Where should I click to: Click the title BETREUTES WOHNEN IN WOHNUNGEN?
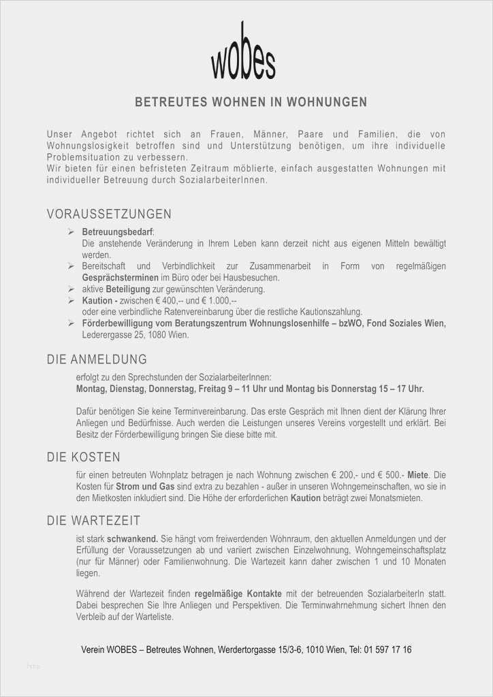251,103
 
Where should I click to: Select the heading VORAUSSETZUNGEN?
109,215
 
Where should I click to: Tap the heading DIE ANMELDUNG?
97,359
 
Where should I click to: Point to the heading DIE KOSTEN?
84,457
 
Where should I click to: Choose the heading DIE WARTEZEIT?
94,521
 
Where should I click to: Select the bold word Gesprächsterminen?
120,278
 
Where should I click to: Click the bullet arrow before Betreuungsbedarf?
71,232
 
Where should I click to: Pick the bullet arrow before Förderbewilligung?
71,323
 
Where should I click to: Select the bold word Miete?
417,474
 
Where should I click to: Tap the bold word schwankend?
132,538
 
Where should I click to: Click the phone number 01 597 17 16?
383,649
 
